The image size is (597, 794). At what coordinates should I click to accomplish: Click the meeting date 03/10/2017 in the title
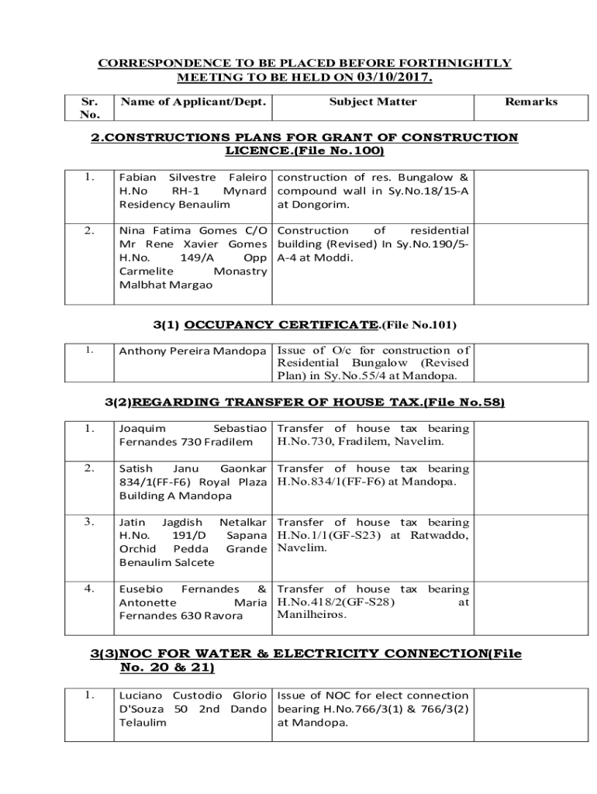click(x=395, y=78)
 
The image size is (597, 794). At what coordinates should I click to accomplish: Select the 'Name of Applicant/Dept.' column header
click(x=192, y=102)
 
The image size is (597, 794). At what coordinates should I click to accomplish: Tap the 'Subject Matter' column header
click(x=373, y=102)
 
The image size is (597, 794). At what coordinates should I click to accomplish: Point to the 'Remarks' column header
click(x=531, y=102)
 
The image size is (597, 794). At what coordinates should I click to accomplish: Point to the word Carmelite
click(x=146, y=271)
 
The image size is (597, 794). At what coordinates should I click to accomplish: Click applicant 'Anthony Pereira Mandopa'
click(x=192, y=351)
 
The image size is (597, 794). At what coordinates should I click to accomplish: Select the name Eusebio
click(x=140, y=589)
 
